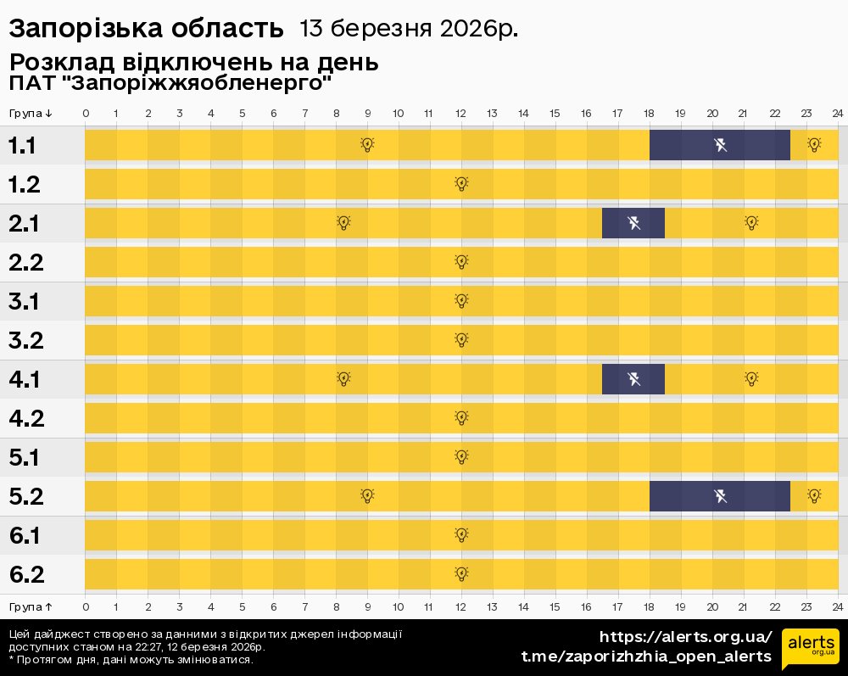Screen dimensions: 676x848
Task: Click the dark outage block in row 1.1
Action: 719,145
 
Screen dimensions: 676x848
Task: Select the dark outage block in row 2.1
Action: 633,223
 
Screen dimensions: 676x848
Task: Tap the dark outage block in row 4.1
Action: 633,379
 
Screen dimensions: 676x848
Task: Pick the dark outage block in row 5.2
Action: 719,496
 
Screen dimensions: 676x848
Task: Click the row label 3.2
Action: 25,340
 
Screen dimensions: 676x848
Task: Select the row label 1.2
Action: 25,184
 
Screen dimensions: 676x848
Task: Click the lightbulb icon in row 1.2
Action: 461,184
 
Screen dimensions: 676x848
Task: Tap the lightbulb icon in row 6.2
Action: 461,574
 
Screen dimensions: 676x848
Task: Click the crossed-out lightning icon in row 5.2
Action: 720,496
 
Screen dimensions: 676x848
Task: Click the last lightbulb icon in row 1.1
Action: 814,145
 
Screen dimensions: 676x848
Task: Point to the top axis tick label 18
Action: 650,114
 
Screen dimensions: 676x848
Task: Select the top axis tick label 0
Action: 86,114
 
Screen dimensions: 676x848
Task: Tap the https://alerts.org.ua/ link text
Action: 686,637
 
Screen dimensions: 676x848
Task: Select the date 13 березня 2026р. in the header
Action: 408,28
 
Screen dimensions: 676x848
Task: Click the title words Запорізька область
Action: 146,28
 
